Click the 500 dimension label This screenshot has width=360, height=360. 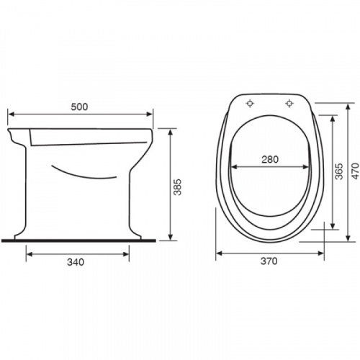coord(79,107)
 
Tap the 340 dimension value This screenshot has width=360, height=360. coord(76,262)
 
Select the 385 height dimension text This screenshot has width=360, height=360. coord(178,187)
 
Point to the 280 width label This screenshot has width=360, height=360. coord(270,159)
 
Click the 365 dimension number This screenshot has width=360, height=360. coord(339,171)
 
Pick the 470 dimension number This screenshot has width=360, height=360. coord(355,171)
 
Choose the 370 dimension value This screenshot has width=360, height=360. coord(269,261)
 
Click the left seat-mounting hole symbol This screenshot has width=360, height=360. coord(250,104)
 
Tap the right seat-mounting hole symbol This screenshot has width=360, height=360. coord(289,104)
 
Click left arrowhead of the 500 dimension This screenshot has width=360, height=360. coord(11,114)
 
